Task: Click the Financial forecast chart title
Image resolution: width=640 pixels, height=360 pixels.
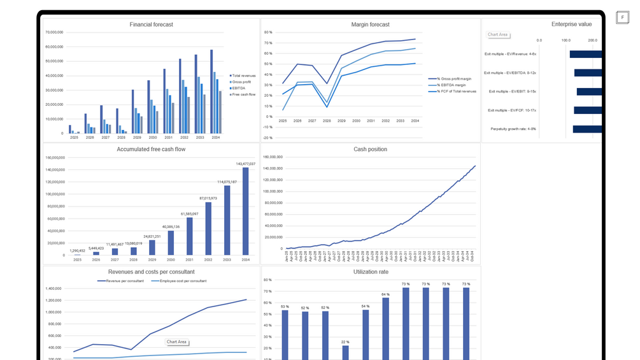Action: pyautogui.click(x=151, y=25)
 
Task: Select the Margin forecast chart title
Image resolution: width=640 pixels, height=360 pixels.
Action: pyautogui.click(x=370, y=25)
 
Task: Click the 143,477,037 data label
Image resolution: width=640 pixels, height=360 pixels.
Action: pyautogui.click(x=245, y=164)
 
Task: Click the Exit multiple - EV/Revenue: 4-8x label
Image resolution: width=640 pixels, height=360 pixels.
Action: pyautogui.click(x=510, y=54)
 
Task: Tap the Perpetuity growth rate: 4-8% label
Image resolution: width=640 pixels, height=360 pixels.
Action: pyautogui.click(x=513, y=129)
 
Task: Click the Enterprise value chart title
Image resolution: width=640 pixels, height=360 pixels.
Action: pyautogui.click(x=571, y=24)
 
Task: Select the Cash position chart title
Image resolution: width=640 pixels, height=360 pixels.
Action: pyautogui.click(x=370, y=150)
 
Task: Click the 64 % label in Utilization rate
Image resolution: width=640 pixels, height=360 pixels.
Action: pyautogui.click(x=385, y=294)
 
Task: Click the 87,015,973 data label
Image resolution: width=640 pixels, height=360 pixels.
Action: pyautogui.click(x=208, y=198)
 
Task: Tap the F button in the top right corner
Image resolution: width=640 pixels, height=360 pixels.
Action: pyautogui.click(x=622, y=17)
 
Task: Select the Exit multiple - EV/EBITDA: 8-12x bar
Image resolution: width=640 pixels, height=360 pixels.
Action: pyautogui.click(x=588, y=73)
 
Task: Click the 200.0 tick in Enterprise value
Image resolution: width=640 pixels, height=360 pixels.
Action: pyautogui.click(x=592, y=40)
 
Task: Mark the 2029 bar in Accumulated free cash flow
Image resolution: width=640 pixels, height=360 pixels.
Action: pyautogui.click(x=152, y=247)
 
